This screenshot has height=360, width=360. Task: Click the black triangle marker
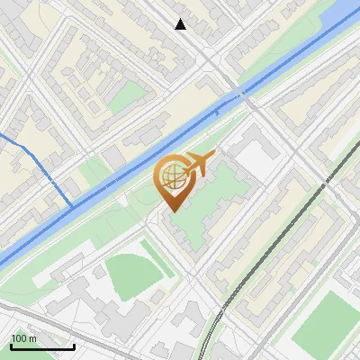181,24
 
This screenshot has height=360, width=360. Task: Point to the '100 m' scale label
23,338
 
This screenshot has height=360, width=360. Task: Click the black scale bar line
42,346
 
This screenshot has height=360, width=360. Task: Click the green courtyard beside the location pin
211,193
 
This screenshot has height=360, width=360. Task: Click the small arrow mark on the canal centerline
217,112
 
